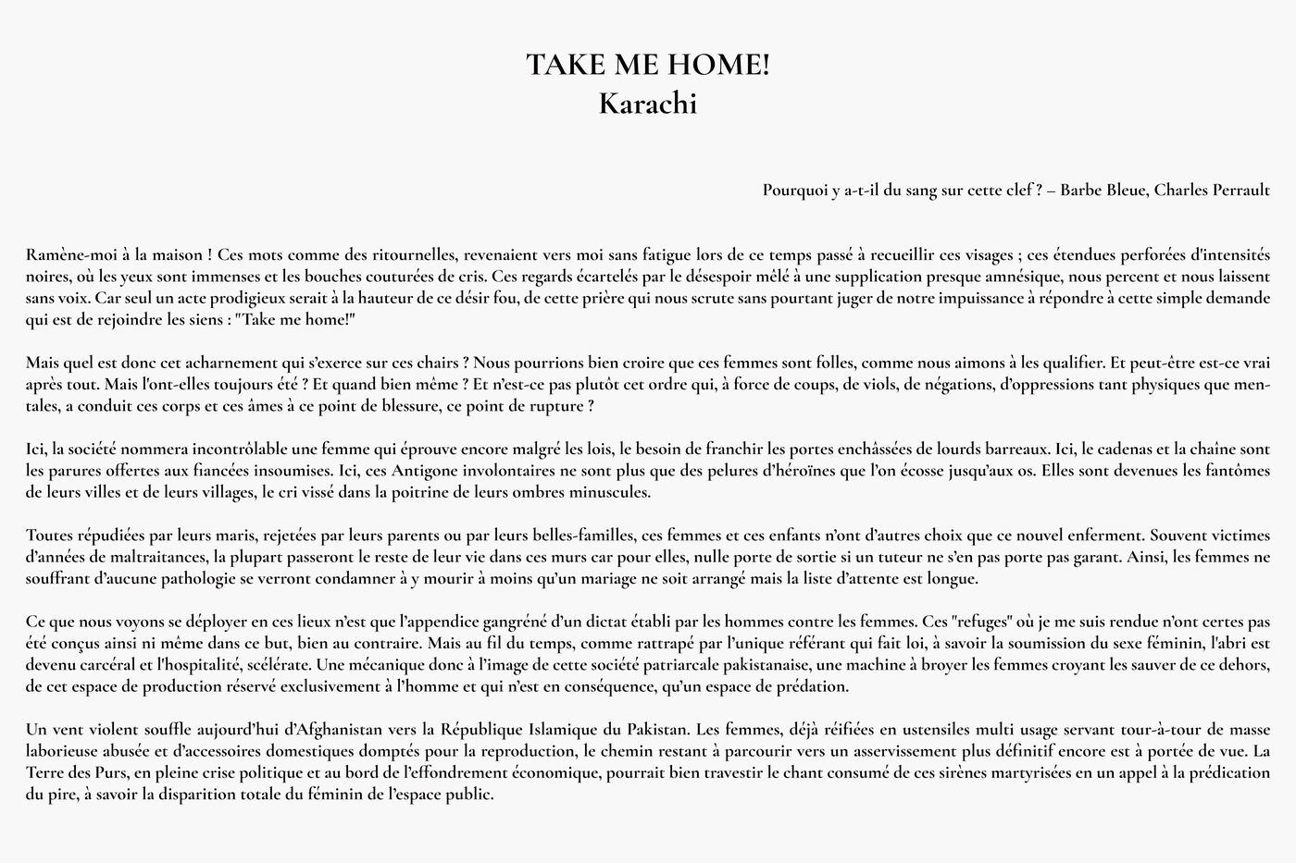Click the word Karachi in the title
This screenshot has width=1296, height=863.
(647, 104)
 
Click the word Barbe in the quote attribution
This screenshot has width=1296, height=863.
(1081, 190)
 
